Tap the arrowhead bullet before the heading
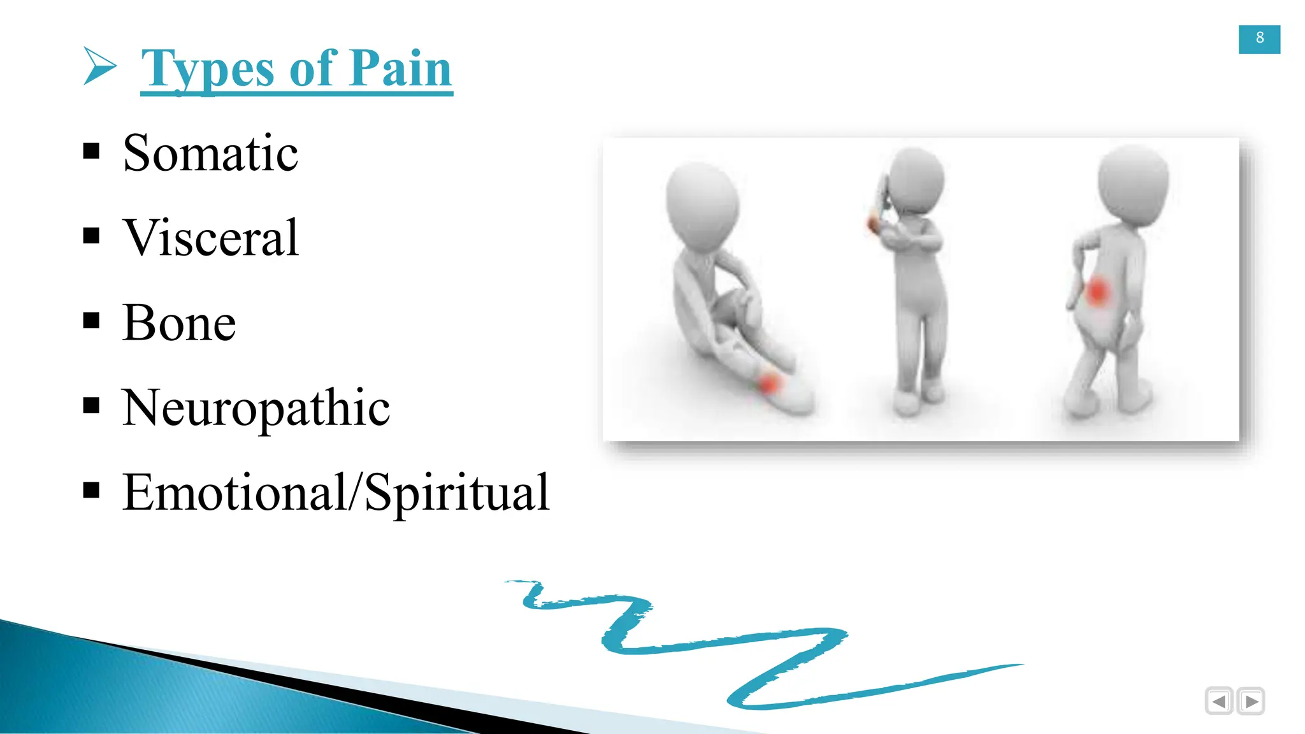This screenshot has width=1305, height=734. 99,66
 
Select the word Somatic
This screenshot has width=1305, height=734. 210,153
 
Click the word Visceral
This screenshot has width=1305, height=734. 210,238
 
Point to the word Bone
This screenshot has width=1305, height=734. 179,322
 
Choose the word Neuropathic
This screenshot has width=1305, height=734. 256,408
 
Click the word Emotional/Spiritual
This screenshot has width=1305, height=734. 335,493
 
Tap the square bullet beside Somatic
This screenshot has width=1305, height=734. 92,151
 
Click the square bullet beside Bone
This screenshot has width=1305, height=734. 92,320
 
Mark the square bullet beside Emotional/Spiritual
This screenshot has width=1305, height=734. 92,490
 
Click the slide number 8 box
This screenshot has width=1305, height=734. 1259,39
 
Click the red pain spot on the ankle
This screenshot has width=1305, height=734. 770,384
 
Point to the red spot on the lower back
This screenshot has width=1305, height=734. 1097,292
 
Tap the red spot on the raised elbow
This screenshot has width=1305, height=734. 872,224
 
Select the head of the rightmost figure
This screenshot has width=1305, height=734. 1133,183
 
